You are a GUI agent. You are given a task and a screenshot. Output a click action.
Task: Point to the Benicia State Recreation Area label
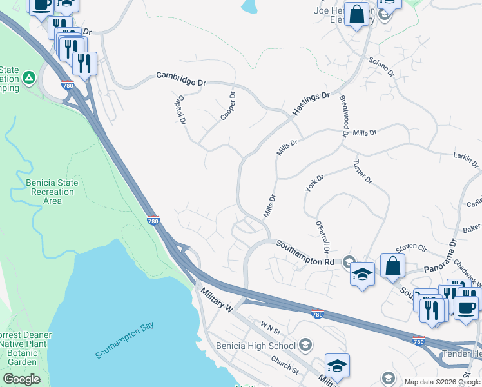click(x=52, y=192)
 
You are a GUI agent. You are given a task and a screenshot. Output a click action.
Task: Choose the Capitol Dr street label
click(x=181, y=110)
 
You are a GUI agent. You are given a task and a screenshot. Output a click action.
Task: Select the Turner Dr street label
click(x=362, y=172)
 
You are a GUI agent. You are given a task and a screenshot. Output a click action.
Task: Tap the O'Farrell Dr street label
click(x=323, y=237)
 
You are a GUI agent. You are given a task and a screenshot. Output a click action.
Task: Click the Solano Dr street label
click(x=381, y=66)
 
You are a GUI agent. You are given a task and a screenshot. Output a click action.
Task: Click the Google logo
click(x=21, y=379)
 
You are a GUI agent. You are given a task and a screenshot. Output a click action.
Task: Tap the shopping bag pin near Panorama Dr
click(x=392, y=265)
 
